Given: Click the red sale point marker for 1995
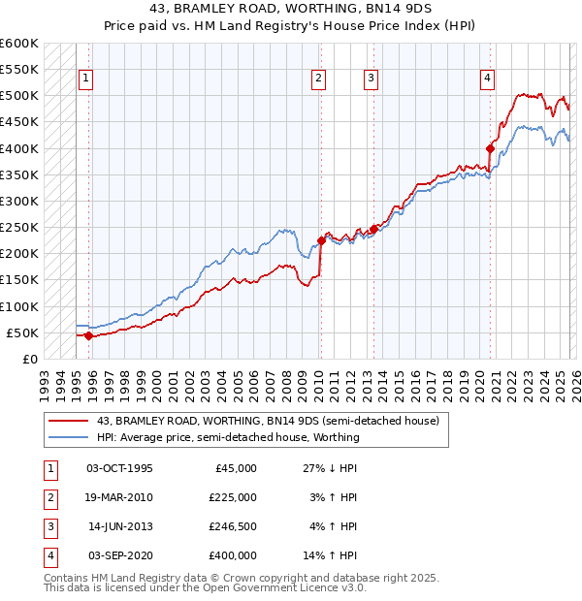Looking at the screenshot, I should pos(88,336).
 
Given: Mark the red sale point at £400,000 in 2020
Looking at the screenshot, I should pos(490,148).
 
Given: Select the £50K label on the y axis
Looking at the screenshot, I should pos(22,333).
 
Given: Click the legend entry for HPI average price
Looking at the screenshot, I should pos(228,437).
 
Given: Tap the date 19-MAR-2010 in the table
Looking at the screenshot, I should pos(119,497).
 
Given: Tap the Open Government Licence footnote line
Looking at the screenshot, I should pos(206,587).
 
